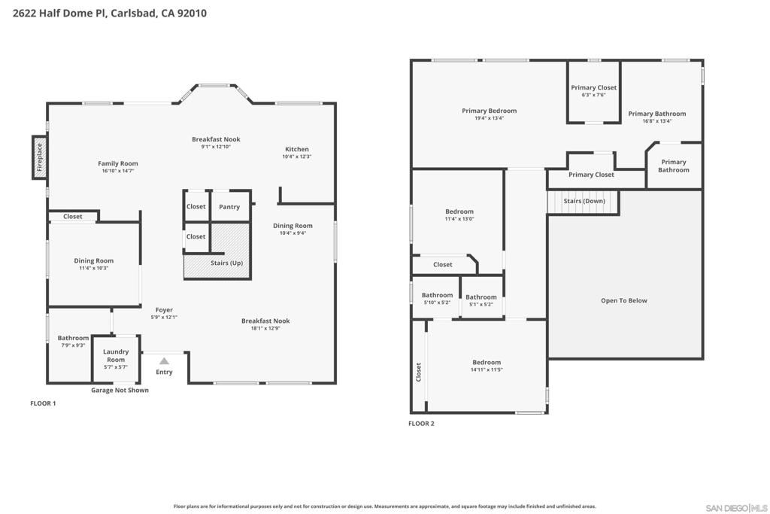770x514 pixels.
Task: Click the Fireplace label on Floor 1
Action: [x=40, y=157]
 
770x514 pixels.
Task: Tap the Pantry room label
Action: [x=229, y=206]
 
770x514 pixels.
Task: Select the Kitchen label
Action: [x=297, y=149]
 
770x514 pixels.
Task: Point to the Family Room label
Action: [x=118, y=163]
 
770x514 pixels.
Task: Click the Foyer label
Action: [x=164, y=310]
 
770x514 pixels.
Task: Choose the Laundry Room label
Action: [x=116, y=355]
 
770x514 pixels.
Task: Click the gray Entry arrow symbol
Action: [x=164, y=361]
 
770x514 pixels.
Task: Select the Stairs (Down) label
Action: [x=584, y=201]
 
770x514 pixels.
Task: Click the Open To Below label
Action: [x=624, y=300]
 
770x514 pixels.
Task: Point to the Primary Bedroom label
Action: [x=489, y=111]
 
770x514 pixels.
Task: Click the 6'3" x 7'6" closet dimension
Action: [x=593, y=95]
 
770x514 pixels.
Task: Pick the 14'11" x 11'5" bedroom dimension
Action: [x=487, y=370]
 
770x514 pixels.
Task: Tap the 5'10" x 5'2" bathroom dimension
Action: [x=437, y=303]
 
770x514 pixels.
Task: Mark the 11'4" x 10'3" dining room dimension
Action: [x=94, y=268]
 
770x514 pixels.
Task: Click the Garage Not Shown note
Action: [x=120, y=390]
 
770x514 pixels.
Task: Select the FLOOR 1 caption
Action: [x=43, y=403]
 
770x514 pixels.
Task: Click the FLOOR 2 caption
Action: [x=421, y=424]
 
